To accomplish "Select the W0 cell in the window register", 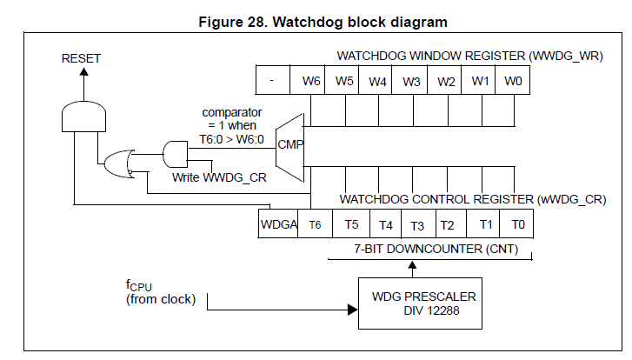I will tap(515, 82).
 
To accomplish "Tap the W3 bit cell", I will tap(413, 82).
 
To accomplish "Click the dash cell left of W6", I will tap(274, 82).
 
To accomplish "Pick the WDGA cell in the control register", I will tap(279, 224).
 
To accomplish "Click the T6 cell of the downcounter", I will tap(316, 224).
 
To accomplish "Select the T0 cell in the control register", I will tap(518, 224).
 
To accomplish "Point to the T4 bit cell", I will tap(385, 224).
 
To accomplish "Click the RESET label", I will tap(81, 58).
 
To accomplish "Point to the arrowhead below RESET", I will tap(83, 73).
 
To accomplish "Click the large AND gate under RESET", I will tap(83, 116).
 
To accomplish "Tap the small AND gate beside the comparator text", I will tap(176, 153).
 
